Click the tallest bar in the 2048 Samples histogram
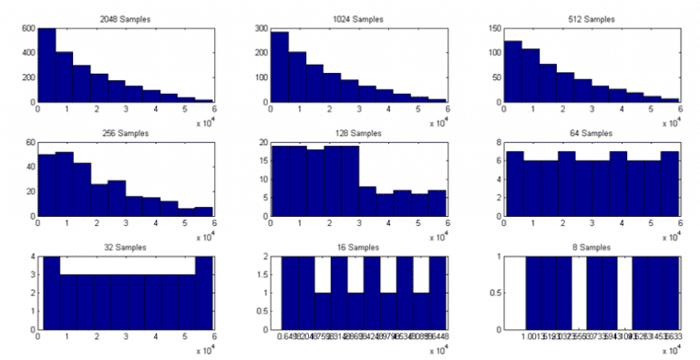46,65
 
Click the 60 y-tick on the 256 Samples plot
28,143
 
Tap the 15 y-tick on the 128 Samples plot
262,161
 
